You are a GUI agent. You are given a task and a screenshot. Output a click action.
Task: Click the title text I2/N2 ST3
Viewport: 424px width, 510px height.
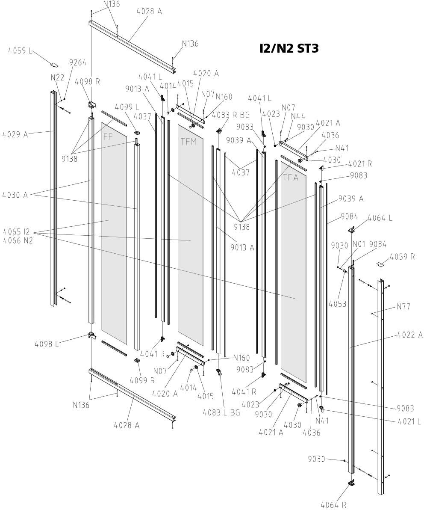pos(289,48)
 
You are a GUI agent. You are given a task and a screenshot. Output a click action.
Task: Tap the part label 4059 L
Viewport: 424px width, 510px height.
pos(20,51)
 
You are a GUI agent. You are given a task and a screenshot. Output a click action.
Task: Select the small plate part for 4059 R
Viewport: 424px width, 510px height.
pos(380,264)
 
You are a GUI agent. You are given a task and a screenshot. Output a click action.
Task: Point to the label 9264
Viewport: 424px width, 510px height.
pos(78,63)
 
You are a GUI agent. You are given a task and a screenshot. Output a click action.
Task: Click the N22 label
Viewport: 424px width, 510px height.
pos(57,77)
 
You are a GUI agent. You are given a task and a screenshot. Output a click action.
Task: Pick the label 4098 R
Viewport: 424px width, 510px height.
pos(88,81)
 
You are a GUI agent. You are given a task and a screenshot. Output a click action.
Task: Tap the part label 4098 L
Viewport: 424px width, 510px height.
pos(47,344)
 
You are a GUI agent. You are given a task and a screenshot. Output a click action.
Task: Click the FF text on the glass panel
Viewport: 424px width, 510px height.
pos(108,137)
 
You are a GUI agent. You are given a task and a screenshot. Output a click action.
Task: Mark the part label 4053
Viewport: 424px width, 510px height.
pos(338,304)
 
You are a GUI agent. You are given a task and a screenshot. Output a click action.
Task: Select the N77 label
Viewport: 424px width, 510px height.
pos(403,306)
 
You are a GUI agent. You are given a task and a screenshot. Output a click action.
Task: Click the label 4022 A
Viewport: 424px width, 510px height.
pos(409,334)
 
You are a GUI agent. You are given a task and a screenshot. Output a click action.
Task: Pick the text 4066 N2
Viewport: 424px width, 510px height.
pos(18,240)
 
